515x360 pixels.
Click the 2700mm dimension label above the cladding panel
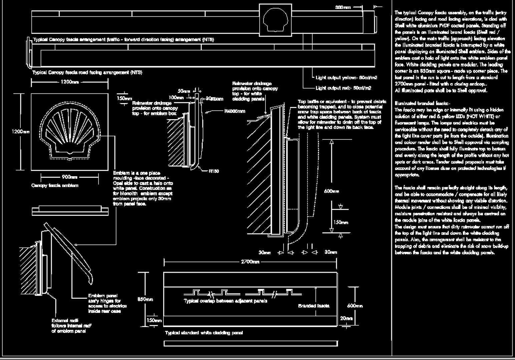[x=250, y=262]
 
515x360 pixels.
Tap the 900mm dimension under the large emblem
[x=69, y=177]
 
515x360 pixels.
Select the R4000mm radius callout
[x=235, y=111]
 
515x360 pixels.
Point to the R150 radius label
[x=214, y=171]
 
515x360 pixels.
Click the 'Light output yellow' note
[x=346, y=78]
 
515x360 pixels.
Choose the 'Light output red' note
[x=343, y=88]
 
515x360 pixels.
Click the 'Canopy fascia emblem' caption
[x=55, y=186]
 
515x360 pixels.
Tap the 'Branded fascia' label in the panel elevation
[x=314, y=305]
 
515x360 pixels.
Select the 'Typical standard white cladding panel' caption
[x=204, y=333]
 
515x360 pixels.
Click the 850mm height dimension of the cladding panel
[x=145, y=299]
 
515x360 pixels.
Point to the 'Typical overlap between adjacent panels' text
[x=225, y=301]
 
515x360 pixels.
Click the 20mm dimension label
[x=346, y=318]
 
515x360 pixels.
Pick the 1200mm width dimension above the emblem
[x=69, y=82]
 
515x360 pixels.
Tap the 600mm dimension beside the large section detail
[x=331, y=191]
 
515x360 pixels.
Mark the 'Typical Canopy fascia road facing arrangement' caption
[x=87, y=72]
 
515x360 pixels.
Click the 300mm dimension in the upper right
[x=343, y=7]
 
